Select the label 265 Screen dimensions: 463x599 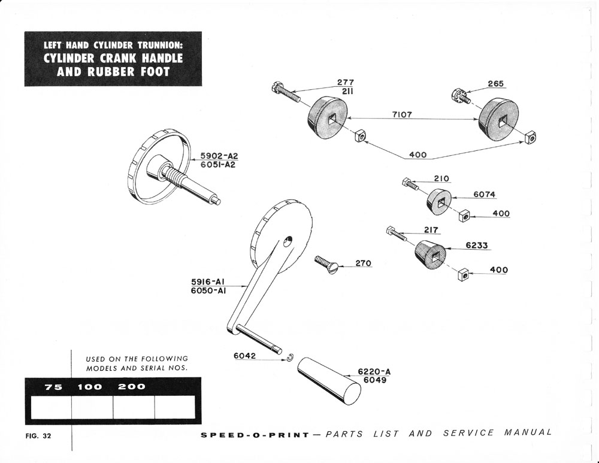click(x=495, y=84)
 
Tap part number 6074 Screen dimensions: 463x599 click(x=485, y=194)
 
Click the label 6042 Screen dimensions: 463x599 click(x=245, y=356)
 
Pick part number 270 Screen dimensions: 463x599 click(x=363, y=263)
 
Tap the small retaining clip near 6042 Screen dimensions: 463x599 click(x=290, y=358)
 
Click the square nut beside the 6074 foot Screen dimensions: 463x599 click(x=463, y=214)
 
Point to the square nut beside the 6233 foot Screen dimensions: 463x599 click(x=461, y=275)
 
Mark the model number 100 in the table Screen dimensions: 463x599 click(x=90, y=386)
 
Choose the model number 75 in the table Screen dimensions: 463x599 click(x=53, y=386)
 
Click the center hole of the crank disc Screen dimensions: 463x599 click(x=288, y=241)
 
